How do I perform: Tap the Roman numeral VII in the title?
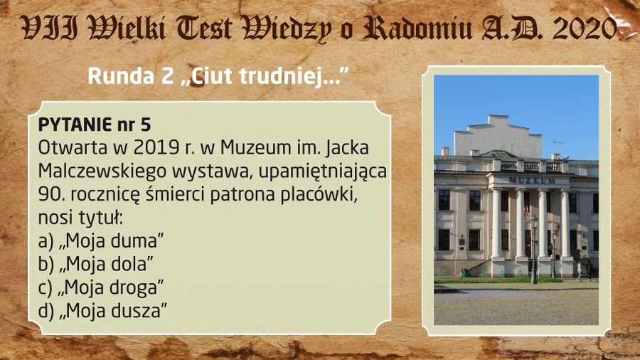click(49, 28)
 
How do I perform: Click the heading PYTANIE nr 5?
click(95, 125)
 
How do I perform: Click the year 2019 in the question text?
click(156, 148)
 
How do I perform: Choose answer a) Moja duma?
click(101, 241)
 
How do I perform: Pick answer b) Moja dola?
click(96, 265)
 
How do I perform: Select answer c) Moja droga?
click(101, 288)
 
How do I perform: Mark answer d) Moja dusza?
click(102, 311)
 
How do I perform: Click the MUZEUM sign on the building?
click(532, 181)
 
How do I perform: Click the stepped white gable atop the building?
click(498, 135)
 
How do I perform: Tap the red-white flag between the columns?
click(526, 209)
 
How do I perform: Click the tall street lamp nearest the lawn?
click(534, 250)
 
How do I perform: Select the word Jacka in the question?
click(347, 149)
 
